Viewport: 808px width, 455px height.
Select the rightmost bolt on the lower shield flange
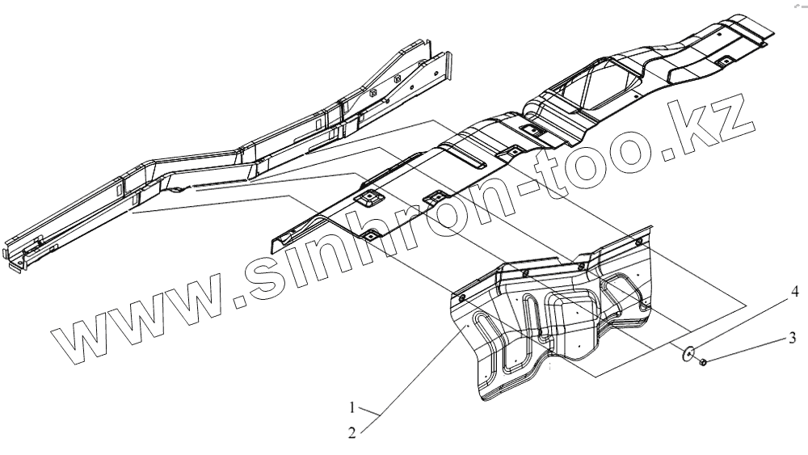coord(640,242)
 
